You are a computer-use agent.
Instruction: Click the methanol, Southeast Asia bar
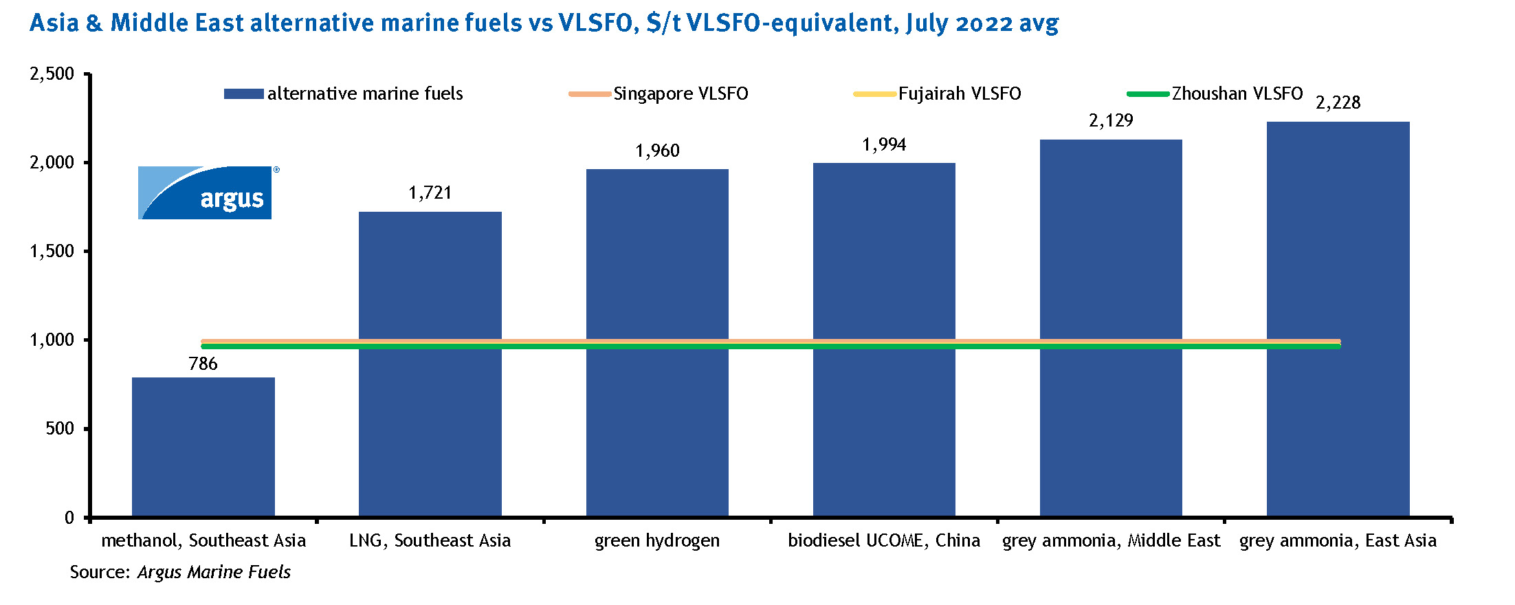[203, 447]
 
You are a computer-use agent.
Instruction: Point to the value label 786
[203, 364]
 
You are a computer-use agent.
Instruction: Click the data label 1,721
[430, 193]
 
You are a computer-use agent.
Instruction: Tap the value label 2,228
[1338, 103]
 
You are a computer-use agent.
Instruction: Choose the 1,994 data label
[884, 145]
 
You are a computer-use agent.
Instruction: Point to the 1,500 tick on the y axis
[52, 252]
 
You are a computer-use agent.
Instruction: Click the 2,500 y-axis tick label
[52, 74]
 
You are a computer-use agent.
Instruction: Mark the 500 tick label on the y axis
[60, 429]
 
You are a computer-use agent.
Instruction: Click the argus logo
[206, 193]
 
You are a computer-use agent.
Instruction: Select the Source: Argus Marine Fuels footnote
[180, 572]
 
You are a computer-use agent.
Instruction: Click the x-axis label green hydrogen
[657, 541]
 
